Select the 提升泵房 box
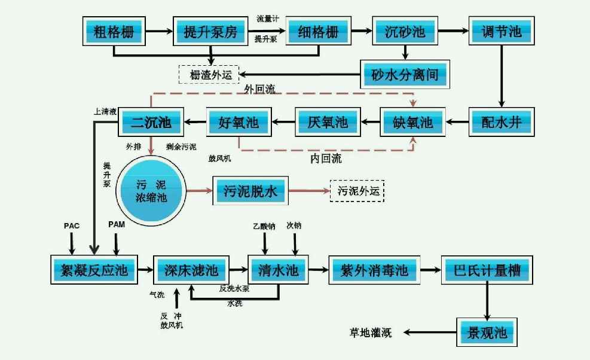click(x=210, y=31)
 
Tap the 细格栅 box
click(x=317, y=31)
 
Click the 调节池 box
click(x=501, y=31)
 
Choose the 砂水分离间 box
click(x=405, y=75)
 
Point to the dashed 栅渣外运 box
click(x=209, y=75)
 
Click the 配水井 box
click(x=501, y=123)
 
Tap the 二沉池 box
click(x=151, y=123)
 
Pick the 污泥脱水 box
click(x=251, y=191)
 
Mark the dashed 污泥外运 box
click(x=357, y=191)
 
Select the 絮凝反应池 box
click(x=93, y=270)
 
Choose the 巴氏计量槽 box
click(x=487, y=270)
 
